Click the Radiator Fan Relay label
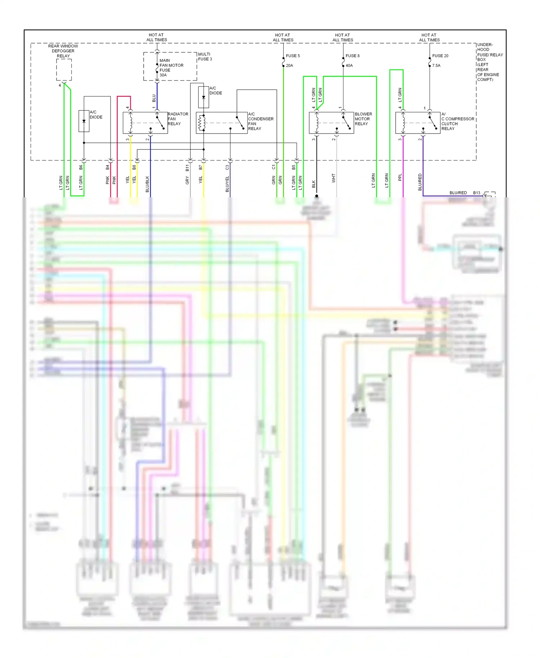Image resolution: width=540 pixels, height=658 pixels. click(178, 119)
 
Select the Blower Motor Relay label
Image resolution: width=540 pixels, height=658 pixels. click(363, 119)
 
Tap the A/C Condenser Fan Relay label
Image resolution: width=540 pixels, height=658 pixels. click(260, 121)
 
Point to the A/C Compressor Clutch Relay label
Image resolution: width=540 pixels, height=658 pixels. click(457, 121)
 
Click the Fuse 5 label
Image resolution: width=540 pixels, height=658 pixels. click(293, 56)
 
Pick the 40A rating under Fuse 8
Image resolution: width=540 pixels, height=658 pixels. click(349, 66)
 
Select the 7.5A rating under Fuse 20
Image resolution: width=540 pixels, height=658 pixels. click(436, 66)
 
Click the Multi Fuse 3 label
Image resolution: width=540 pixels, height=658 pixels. click(205, 57)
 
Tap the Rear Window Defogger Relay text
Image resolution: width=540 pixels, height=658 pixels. click(63, 51)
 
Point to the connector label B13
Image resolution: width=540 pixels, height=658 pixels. click(477, 193)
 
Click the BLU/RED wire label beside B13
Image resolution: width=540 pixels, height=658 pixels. click(458, 193)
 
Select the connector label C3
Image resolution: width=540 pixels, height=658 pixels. click(227, 167)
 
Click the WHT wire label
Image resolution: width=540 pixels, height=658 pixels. click(334, 178)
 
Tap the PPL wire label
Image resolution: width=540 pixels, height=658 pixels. click(400, 177)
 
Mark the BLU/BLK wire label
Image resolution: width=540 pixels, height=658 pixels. click(147, 184)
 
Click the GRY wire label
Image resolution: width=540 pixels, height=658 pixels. click(187, 180)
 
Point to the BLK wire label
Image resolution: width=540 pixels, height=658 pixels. click(314, 184)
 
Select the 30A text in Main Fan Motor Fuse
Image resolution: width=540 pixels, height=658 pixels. click(163, 75)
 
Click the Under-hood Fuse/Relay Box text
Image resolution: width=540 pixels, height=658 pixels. click(490, 62)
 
